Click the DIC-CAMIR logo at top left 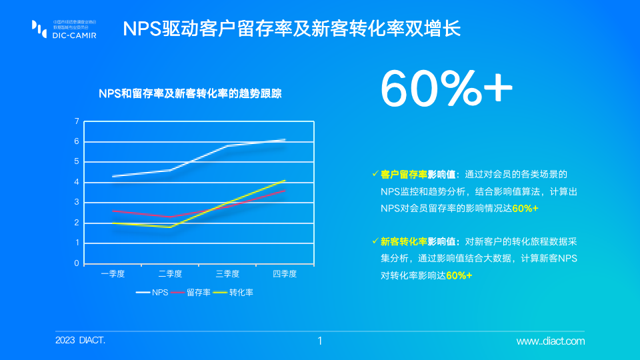point(64,29)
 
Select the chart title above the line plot point(190,94)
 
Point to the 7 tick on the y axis point(77,121)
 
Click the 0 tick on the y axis point(77,263)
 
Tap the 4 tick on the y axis point(77,182)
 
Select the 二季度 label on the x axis point(171,274)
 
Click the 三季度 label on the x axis point(228,274)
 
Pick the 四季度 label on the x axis point(285,274)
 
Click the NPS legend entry point(153,292)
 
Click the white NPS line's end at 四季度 point(285,139)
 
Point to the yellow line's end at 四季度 point(285,180)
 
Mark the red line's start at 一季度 point(113,211)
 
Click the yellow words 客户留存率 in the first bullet point(404,174)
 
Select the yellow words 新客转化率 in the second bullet point(404,241)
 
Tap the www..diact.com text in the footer point(551,341)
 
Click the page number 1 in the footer point(320,341)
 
